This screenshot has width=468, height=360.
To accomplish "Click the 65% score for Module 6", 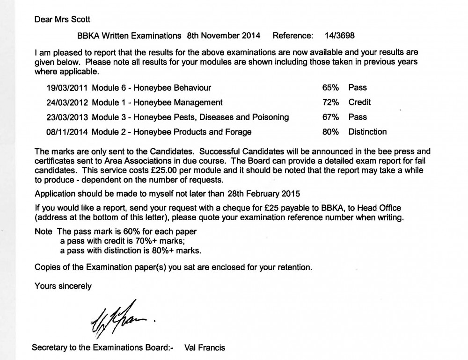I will (330, 87).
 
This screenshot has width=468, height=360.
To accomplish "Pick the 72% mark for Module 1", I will (330, 102).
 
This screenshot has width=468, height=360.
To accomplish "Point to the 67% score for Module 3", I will (330, 117).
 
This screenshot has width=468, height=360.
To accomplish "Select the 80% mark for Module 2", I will (330, 132).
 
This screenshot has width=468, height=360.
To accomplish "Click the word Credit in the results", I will (359, 102).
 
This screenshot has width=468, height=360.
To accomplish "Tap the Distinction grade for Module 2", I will (367, 132).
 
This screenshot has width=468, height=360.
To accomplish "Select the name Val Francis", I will (205, 347).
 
